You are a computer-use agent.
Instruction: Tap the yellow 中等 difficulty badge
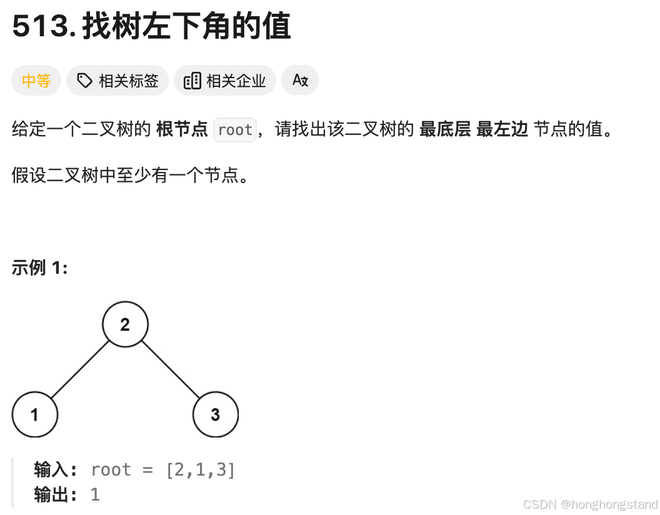(36, 81)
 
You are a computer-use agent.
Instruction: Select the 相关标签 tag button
(117, 81)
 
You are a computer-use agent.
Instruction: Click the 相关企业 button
(225, 81)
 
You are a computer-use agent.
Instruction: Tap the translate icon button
(300, 81)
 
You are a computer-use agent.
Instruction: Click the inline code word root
(235, 130)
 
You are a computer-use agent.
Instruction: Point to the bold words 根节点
(182, 130)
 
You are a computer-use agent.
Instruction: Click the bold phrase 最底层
(444, 130)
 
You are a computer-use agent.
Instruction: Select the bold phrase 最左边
(502, 130)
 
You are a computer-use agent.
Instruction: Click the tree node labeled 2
(125, 324)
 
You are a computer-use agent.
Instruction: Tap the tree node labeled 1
(34, 414)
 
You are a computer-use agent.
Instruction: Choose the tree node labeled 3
(216, 414)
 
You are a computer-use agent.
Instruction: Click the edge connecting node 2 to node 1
(79, 370)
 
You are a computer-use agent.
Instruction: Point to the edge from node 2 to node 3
(171, 370)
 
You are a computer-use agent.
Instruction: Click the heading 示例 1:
(39, 268)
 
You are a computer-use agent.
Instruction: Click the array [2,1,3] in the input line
(201, 470)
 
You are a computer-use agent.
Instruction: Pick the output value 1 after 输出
(95, 495)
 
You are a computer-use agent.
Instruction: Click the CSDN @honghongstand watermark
(590, 504)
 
